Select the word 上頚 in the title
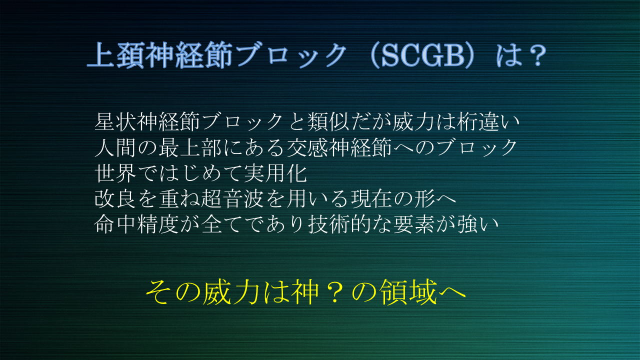click(x=115, y=55)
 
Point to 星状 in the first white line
click(x=115, y=121)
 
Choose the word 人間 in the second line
click(x=115, y=147)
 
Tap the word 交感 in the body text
click(x=307, y=147)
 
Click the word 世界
click(x=115, y=173)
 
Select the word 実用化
click(x=275, y=173)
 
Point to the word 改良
click(x=115, y=199)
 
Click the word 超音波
click(x=232, y=199)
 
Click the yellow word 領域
click(x=408, y=292)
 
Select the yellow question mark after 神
click(x=334, y=292)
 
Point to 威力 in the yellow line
click(x=231, y=292)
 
